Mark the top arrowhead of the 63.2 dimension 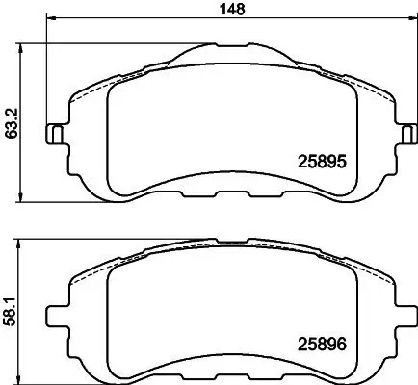tap(22, 44)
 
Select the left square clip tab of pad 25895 tap(57, 134)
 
